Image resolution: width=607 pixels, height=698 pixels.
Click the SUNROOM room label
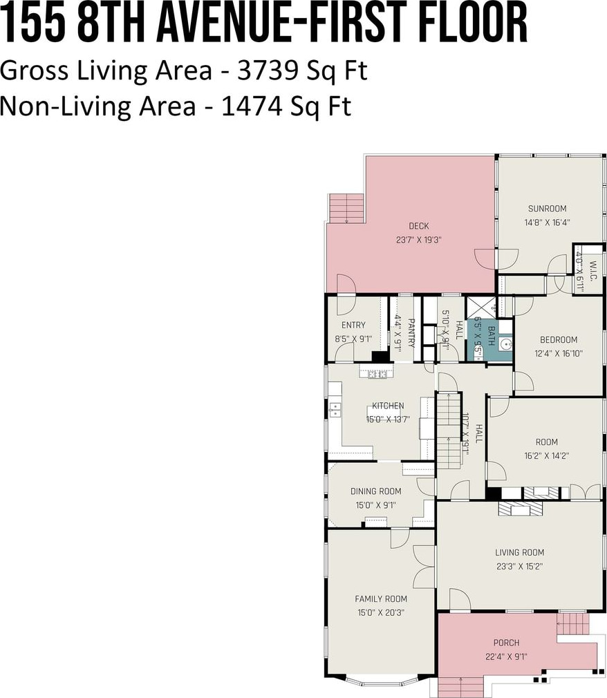tap(547, 208)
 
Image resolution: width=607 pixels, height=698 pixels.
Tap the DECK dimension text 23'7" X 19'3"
tap(419, 240)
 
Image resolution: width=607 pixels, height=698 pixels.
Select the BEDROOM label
tap(559, 339)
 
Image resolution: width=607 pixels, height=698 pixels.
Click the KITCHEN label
tap(388, 406)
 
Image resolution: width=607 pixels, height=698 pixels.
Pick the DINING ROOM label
tap(376, 491)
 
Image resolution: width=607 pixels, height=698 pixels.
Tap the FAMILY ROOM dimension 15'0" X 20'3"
tap(381, 612)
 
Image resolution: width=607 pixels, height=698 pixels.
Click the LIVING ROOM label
tap(520, 552)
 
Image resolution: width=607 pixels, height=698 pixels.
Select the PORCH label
tap(506, 642)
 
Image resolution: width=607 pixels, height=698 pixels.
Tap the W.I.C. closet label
tap(592, 271)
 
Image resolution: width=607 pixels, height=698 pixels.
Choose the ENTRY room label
tap(353, 325)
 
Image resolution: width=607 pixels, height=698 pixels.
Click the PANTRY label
tap(411, 332)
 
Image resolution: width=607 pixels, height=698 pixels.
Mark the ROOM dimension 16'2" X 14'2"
tap(546, 456)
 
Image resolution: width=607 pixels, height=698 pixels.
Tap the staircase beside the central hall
tap(449, 430)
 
